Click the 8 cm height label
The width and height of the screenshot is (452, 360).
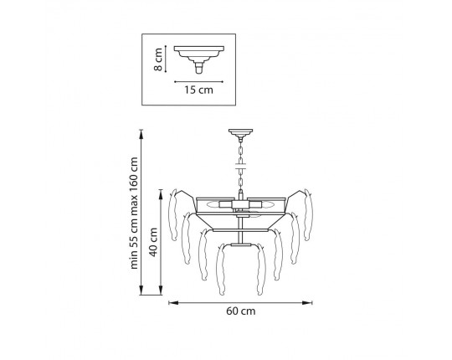[x=158, y=59]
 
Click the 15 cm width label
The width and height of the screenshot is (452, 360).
[x=199, y=90]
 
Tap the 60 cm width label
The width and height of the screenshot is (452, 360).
[x=241, y=311]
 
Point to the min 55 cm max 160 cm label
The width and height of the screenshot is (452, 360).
[x=134, y=213]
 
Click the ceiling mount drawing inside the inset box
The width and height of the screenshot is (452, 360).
[x=199, y=59]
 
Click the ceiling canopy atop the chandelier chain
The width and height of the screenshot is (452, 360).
[x=240, y=133]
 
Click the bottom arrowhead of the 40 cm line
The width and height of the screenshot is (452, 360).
[x=161, y=290]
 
